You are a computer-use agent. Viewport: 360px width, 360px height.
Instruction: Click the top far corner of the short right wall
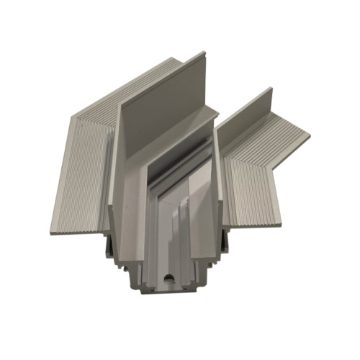[271, 89]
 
